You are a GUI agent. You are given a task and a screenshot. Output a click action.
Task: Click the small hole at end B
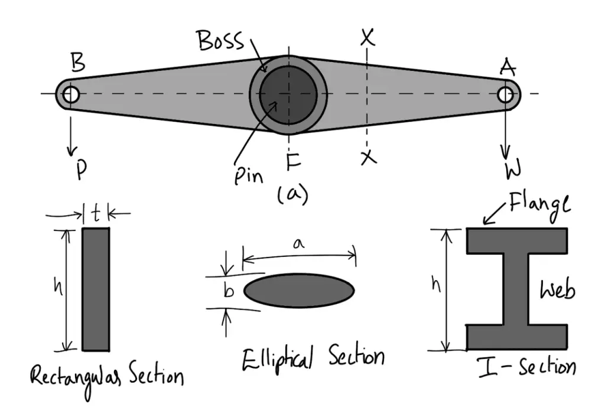[70, 94]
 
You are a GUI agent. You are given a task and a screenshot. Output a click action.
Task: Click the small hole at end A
[505, 94]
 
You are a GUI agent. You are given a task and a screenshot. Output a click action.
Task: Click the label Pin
[247, 175]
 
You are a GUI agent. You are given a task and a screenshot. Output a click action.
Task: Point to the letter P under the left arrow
[82, 168]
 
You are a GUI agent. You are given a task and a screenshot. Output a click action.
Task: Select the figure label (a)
[292, 194]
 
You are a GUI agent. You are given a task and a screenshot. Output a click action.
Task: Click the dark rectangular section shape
[96, 289]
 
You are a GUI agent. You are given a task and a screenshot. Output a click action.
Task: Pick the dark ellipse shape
[299, 290]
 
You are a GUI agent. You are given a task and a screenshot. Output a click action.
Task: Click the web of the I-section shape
[517, 289]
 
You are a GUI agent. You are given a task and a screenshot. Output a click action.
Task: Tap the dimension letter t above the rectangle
[95, 213]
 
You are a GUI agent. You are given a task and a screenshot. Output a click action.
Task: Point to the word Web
[557, 290]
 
